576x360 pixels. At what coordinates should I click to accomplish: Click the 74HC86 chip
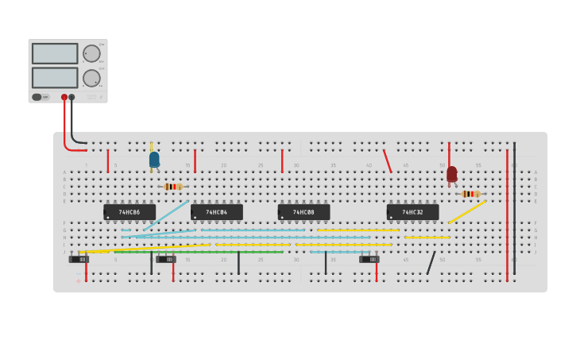[130, 212]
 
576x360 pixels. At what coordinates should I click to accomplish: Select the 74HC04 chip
[217, 212]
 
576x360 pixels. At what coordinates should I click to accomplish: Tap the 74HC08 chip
[303, 212]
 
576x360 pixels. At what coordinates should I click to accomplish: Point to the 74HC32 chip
[412, 212]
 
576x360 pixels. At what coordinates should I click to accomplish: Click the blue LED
[154, 160]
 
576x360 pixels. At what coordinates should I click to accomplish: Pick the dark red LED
[451, 173]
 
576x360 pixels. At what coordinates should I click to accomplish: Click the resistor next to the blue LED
[172, 187]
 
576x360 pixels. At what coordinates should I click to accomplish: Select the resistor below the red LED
[470, 194]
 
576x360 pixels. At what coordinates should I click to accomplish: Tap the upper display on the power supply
[55, 53]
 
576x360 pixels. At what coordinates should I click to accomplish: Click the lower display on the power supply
[55, 78]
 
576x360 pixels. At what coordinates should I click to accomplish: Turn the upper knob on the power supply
[92, 53]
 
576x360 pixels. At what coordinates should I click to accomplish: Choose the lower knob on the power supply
[92, 78]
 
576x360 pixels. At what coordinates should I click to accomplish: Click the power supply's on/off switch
[37, 97]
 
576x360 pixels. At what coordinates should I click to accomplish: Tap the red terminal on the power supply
[64, 97]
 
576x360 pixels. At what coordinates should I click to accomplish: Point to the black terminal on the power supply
[72, 97]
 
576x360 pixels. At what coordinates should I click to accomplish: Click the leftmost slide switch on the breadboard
[79, 259]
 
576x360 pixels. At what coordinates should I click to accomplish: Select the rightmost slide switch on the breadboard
[369, 259]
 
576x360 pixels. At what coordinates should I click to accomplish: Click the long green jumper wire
[199, 252]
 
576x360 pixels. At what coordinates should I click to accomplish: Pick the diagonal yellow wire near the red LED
[467, 211]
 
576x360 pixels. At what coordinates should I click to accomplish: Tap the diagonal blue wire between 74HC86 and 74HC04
[165, 215]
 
